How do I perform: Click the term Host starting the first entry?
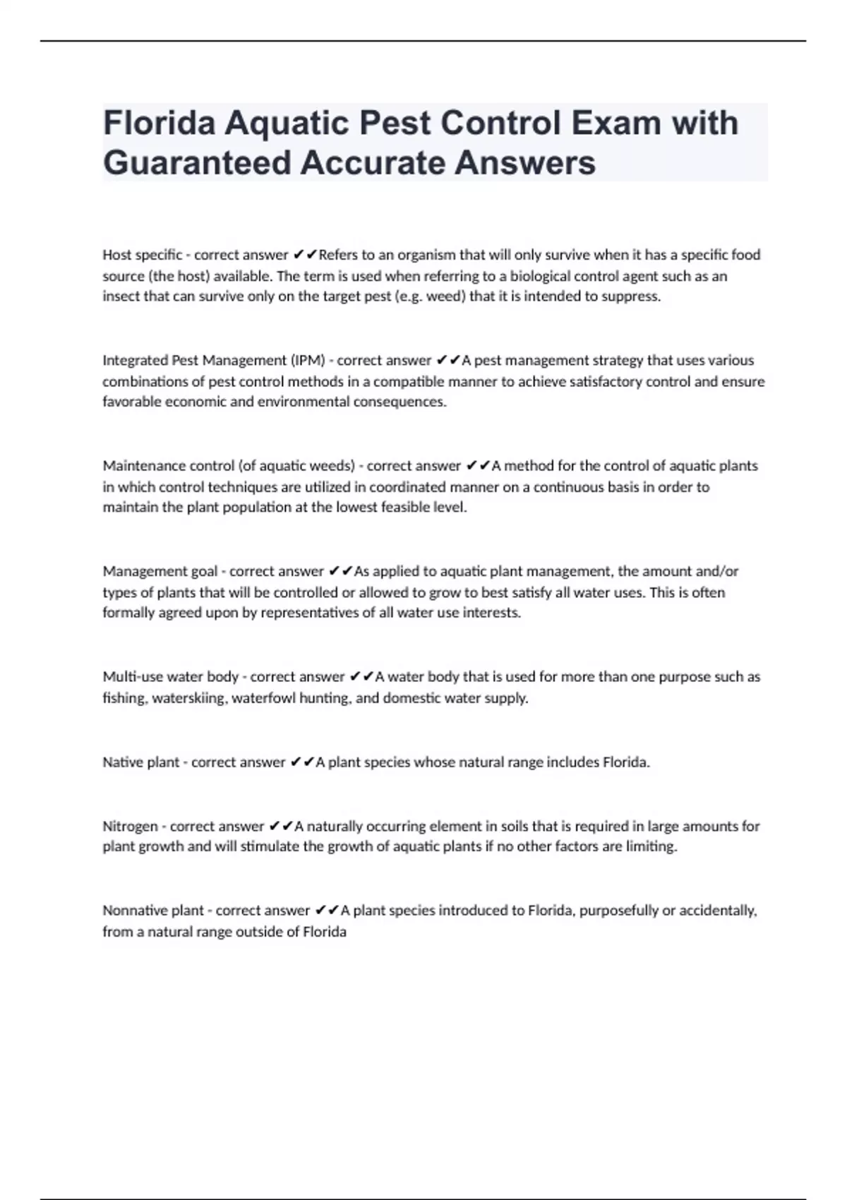[x=117, y=255]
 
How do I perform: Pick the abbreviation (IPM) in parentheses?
[x=308, y=361]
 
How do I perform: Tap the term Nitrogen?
[x=130, y=826]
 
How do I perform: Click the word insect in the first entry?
[x=121, y=296]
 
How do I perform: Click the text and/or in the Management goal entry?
[x=717, y=571]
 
